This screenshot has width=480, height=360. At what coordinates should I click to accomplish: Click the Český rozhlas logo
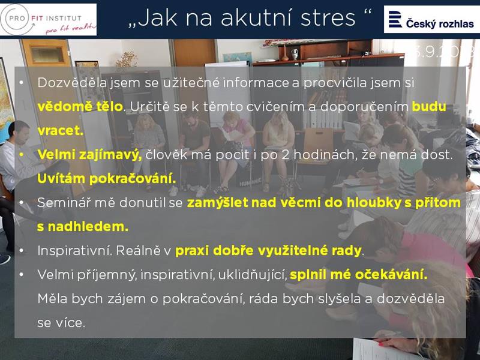[431, 19]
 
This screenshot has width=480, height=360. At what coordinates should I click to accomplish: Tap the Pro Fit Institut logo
[49, 20]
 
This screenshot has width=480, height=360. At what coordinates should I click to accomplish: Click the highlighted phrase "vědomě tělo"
[80, 107]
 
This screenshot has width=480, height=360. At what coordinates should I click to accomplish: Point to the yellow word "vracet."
[61, 131]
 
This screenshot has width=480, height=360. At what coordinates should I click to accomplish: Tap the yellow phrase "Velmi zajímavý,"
[89, 155]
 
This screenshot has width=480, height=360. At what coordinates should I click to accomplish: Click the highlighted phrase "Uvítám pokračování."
[107, 178]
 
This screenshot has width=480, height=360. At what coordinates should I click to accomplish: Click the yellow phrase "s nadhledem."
[83, 227]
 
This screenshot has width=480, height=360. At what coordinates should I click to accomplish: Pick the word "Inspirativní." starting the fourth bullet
[74, 251]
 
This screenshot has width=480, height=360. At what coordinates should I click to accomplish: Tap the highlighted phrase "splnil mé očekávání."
[358, 275]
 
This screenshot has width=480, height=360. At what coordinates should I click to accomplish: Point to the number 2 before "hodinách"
[286, 155]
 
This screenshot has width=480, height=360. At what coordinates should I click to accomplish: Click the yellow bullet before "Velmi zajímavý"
[21, 155]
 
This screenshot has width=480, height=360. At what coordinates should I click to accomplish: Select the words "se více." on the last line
[61, 323]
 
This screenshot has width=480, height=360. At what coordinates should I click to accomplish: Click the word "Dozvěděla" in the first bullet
[72, 82]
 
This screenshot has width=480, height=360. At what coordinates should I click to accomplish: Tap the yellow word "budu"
[429, 107]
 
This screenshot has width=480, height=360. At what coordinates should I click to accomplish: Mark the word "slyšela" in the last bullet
[340, 299]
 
